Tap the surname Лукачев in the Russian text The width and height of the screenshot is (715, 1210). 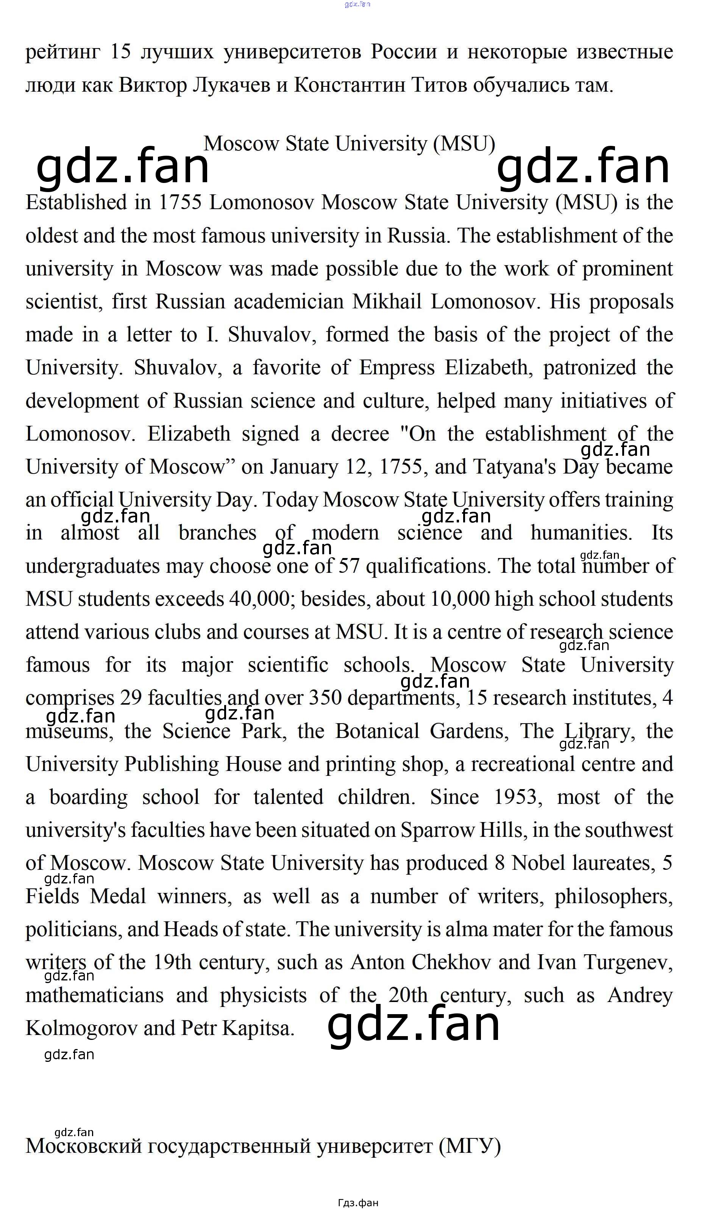click(231, 85)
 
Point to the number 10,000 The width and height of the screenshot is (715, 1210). click(460, 599)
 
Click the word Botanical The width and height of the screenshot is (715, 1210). click(377, 732)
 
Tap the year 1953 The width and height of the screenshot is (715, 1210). click(515, 797)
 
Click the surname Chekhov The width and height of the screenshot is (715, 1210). click(451, 962)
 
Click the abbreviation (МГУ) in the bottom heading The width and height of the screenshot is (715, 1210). click(470, 1146)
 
